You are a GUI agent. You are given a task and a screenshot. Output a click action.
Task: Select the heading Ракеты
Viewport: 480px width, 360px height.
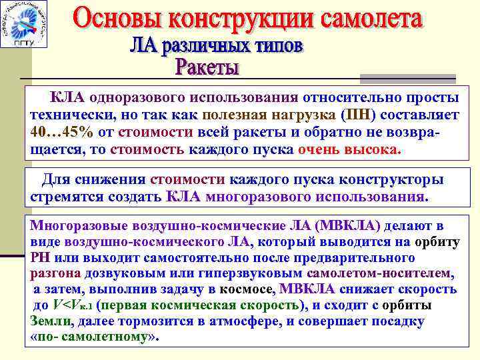pyautogui.click(x=207, y=67)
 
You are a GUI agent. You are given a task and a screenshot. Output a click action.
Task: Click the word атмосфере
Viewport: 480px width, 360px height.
pyautogui.click(x=238, y=321)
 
